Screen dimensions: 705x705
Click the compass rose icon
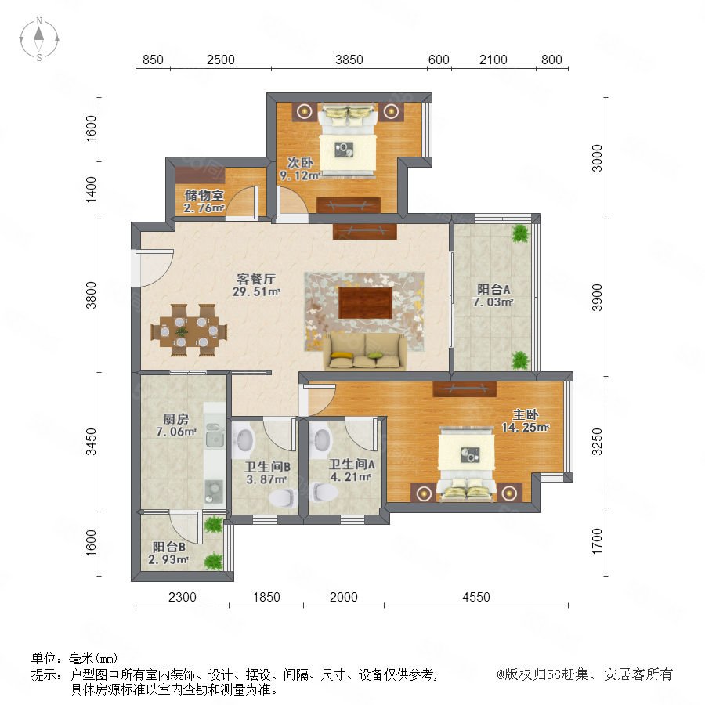(39, 39)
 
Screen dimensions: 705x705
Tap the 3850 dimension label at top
(349, 60)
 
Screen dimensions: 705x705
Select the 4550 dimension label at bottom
(475, 597)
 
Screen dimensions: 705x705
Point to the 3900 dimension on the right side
(597, 297)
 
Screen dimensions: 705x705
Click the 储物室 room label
(204, 195)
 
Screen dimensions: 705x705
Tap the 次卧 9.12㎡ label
(300, 169)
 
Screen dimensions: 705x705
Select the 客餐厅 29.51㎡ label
(256, 285)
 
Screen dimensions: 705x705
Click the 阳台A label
(493, 289)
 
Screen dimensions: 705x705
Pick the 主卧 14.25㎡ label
(525, 421)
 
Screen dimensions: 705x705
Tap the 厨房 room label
(175, 419)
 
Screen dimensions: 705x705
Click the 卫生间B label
(267, 467)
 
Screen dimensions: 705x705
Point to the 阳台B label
(169, 547)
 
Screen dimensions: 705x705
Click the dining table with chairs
(189, 331)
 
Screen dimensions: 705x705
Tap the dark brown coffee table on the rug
(365, 303)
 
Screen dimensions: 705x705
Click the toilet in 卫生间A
(324, 493)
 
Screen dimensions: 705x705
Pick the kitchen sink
(215, 436)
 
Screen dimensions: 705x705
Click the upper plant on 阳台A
(521, 233)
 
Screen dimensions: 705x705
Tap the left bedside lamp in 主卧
(424, 493)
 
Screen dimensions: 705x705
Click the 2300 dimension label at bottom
(182, 597)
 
